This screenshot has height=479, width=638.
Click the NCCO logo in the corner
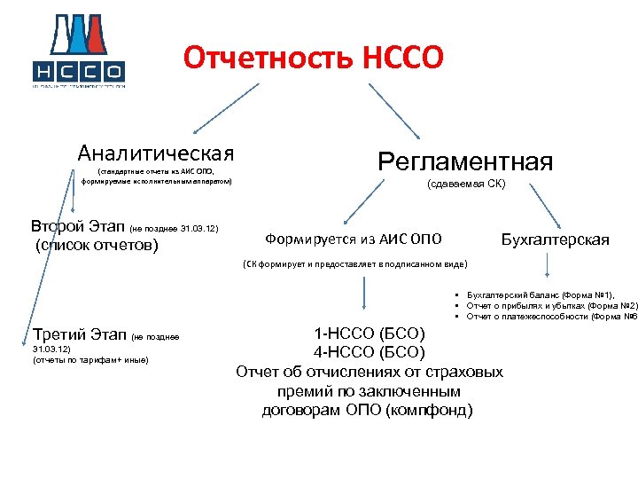tap(79, 53)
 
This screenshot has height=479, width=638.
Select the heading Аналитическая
tap(156, 153)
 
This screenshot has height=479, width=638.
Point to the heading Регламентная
tap(465, 161)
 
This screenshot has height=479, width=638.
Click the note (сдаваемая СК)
tap(466, 185)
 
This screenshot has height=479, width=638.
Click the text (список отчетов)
tap(96, 244)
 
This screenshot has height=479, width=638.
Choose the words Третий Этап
tap(78, 335)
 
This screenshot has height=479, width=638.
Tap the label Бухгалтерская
tap(556, 239)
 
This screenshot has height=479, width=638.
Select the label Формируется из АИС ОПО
tap(354, 239)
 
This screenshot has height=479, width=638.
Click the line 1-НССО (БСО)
tap(370, 334)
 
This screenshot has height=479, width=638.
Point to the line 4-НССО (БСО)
tap(370, 353)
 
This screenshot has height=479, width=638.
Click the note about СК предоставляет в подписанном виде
tap(354, 264)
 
